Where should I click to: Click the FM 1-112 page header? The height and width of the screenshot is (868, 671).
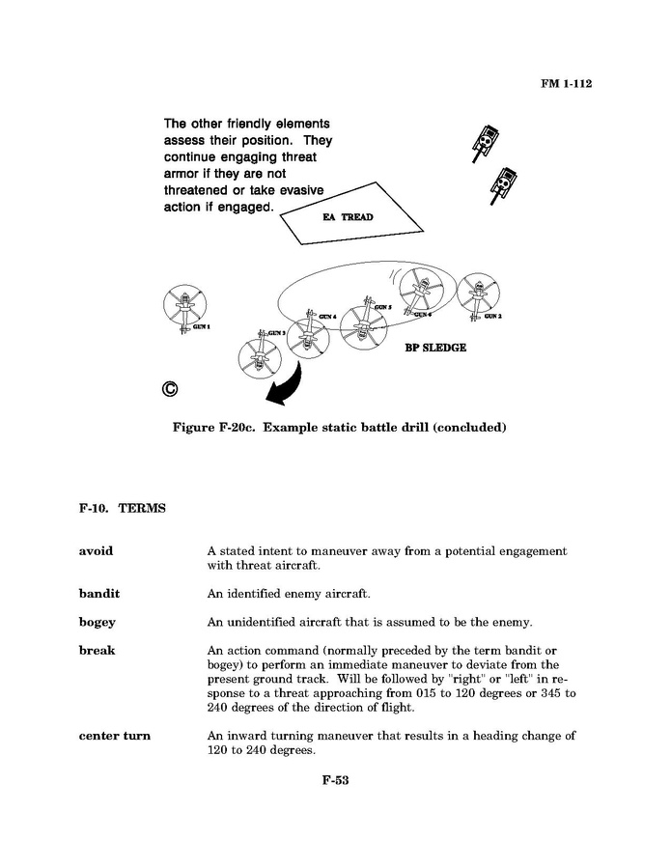click(x=565, y=84)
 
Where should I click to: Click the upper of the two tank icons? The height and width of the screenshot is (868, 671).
click(x=485, y=140)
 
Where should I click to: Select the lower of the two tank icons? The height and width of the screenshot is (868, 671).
click(x=502, y=183)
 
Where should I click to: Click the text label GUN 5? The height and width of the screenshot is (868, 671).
click(x=382, y=307)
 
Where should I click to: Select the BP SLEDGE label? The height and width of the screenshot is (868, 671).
click(x=434, y=348)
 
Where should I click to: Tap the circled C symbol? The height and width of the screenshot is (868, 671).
click(x=170, y=389)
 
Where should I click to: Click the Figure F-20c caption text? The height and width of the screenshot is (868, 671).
click(x=339, y=427)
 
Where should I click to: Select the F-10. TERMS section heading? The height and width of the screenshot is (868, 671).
click(x=122, y=508)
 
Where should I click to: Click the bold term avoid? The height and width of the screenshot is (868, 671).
click(x=96, y=551)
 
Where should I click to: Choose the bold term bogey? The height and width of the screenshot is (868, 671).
click(x=97, y=622)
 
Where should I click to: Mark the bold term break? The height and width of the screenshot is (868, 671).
click(x=97, y=650)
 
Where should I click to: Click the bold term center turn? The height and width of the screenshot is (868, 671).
click(x=114, y=736)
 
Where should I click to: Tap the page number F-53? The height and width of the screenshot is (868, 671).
click(x=335, y=780)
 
